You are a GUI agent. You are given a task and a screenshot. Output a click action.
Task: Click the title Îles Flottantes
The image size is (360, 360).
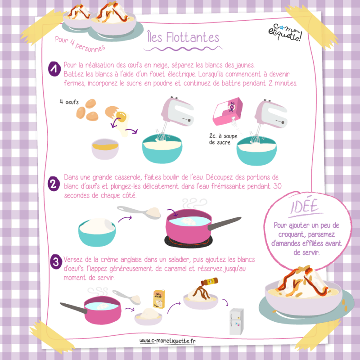pos(183,37)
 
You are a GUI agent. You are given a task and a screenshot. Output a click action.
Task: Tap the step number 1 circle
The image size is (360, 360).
pos(54,69)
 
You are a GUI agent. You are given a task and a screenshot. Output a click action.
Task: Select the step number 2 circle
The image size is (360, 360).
pos(54,184)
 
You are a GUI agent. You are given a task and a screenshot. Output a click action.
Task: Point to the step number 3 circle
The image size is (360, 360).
pos(56,262)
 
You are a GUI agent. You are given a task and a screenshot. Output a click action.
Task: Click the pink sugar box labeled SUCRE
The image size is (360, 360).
pos(228,111)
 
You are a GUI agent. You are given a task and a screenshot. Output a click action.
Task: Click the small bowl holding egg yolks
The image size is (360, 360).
pos(105,149)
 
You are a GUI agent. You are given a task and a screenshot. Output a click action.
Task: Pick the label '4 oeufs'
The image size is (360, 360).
pos(69,102)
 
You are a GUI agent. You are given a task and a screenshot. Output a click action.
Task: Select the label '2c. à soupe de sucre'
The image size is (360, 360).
pos(223,139)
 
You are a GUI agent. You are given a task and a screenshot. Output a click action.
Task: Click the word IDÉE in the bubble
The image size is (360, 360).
pos(305,206)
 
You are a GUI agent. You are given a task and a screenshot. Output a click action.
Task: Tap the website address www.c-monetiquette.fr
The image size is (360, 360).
pos(167,341)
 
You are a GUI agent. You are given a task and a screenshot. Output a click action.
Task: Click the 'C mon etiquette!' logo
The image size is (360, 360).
pos(285,32)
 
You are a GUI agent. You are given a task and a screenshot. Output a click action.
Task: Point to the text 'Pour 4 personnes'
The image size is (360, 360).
pos(80,44)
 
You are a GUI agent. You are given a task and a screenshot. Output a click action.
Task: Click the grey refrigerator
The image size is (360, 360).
pos(237,321)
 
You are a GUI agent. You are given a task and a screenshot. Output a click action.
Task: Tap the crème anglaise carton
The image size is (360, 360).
pos(159,299)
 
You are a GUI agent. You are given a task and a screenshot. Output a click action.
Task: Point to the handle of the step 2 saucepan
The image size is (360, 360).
pos(224,223)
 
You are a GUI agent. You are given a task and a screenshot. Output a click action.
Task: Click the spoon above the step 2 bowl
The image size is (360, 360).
pos(139,212)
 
